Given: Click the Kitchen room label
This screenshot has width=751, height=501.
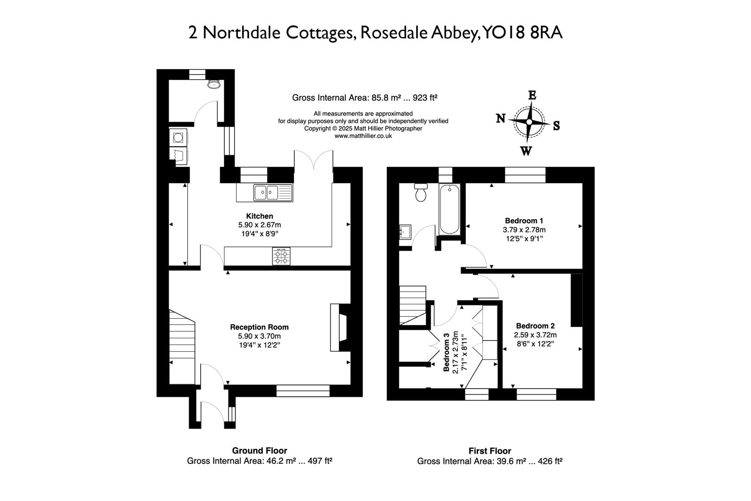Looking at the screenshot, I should [259, 216].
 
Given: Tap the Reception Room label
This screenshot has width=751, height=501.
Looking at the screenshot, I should [259, 327].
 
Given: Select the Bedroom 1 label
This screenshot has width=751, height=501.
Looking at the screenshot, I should [524, 221].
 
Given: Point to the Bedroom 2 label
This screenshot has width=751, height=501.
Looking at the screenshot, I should [535, 326].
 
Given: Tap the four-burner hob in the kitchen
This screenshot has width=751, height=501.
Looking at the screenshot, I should [281, 257].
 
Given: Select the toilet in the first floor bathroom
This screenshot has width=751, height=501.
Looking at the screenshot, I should [421, 192].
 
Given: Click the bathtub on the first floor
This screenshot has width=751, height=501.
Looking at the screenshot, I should [449, 209].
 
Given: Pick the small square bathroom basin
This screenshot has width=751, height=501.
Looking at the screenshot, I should [405, 231].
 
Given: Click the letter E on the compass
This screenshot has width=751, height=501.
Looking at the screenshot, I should [532, 96].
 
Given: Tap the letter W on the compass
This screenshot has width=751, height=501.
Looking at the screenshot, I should [526, 151].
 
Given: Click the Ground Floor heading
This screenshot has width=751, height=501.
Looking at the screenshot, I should [259, 450].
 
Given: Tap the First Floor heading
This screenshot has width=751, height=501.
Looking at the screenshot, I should [490, 451].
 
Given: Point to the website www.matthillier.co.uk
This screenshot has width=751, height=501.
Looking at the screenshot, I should [363, 136].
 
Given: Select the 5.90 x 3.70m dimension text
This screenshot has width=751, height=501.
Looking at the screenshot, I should [259, 336].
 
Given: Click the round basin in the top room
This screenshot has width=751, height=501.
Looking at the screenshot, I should [214, 84].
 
